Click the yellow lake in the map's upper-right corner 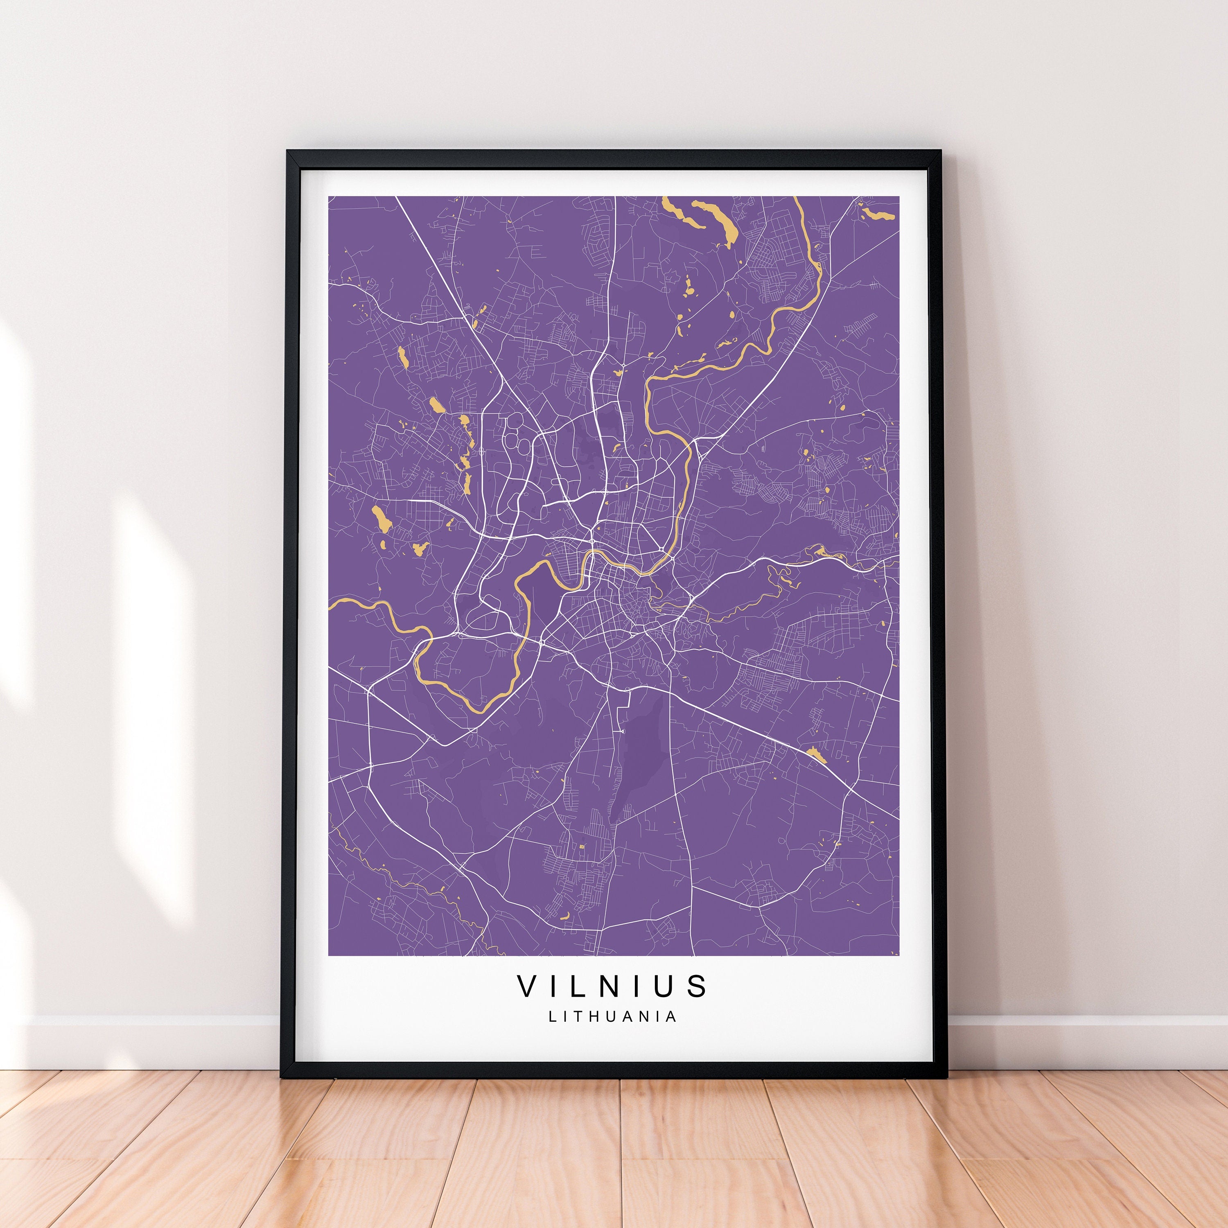[x=877, y=212]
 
